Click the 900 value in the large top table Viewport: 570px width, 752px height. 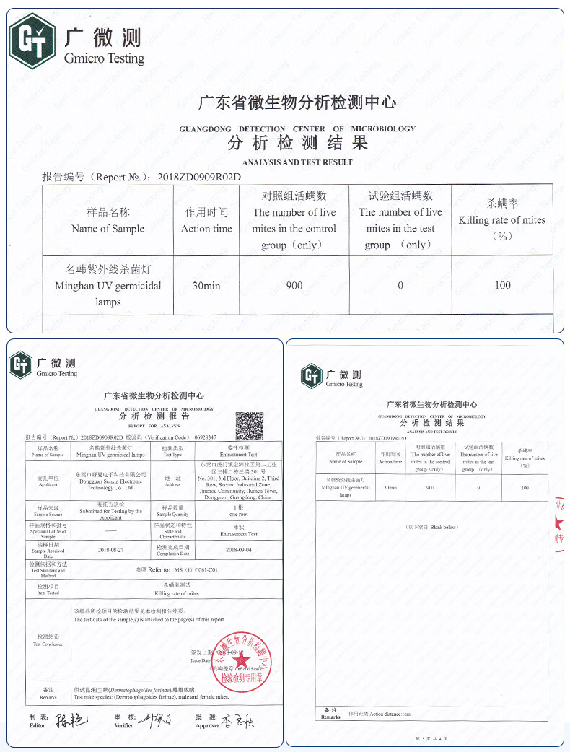click(x=294, y=285)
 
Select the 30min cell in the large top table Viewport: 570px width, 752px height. click(x=206, y=285)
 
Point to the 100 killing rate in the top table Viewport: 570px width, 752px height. click(x=503, y=285)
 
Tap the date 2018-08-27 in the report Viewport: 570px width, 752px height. click(x=110, y=550)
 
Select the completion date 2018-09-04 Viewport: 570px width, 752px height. click(x=239, y=550)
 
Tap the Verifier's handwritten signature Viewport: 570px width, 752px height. click(x=155, y=720)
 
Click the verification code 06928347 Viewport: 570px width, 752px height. click(x=201, y=437)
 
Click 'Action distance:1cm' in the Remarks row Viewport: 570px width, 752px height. click(x=380, y=714)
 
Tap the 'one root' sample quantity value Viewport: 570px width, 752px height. click(x=239, y=514)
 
